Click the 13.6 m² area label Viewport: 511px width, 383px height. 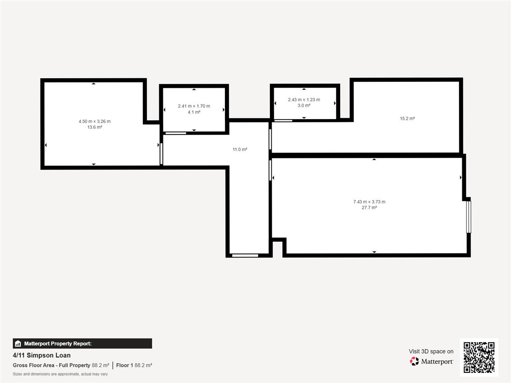[x=95, y=127]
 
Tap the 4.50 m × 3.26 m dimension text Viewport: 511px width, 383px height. [x=95, y=121]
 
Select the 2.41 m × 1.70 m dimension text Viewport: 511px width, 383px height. [x=194, y=106]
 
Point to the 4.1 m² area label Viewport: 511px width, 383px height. [x=194, y=112]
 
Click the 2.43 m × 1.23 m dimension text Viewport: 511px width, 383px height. [x=304, y=100]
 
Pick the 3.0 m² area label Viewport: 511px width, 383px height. [x=304, y=106]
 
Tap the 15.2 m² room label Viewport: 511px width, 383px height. [x=407, y=119]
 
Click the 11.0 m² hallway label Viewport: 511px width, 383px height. [x=240, y=149]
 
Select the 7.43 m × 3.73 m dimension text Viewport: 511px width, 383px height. [x=369, y=202]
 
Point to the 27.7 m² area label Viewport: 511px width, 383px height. [x=369, y=208]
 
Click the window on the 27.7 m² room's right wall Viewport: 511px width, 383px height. [x=469, y=217]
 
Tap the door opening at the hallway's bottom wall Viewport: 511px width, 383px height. [x=245, y=256]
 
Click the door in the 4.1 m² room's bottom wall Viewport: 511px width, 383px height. [x=176, y=133]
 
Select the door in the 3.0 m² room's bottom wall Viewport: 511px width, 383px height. [x=283, y=121]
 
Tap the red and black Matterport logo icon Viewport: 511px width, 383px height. [x=414, y=361]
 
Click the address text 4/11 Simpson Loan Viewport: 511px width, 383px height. [x=42, y=355]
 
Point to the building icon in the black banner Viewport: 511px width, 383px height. [x=18, y=343]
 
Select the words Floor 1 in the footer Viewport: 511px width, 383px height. [x=124, y=365]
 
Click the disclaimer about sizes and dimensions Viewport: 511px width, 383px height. [x=60, y=374]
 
